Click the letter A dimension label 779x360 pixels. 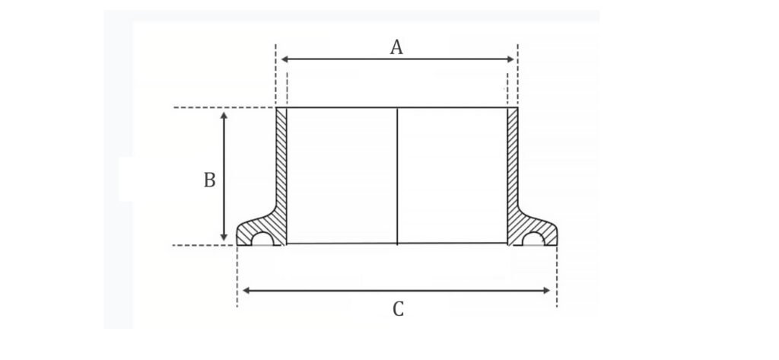(x=396, y=47)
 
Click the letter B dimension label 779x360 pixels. (x=210, y=180)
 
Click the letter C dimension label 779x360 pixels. (x=398, y=309)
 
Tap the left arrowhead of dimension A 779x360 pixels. (x=285, y=59)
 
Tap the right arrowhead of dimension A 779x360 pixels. (x=510, y=59)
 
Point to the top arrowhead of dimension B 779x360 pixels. (x=224, y=116)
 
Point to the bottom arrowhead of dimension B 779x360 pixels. (x=224, y=237)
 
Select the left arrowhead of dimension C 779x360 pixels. (x=246, y=291)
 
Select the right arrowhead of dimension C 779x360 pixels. (x=546, y=291)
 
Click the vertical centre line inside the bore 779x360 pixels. (x=397, y=176)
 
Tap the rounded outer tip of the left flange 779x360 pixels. (x=237, y=234)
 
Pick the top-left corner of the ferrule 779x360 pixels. (x=276, y=107)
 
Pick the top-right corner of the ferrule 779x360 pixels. (x=517, y=107)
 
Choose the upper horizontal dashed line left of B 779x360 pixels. (x=224, y=107)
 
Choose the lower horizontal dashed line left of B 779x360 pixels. (x=205, y=245)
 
